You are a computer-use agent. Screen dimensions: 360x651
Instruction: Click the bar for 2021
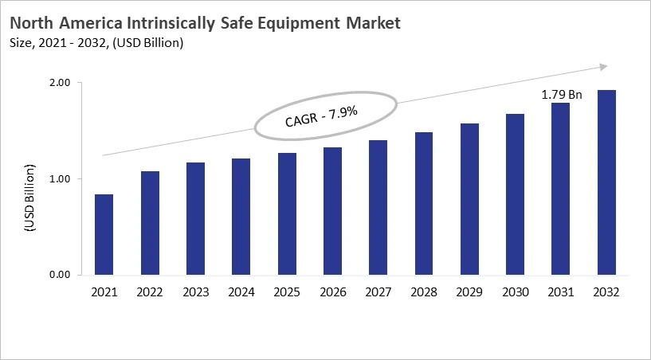[104, 235]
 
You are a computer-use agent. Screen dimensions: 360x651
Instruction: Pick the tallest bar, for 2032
[607, 182]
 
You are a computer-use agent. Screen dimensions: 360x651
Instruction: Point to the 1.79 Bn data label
[561, 95]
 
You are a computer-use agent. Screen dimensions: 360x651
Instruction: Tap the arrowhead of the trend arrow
[603, 67]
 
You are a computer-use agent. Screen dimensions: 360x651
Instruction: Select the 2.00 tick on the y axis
[61, 83]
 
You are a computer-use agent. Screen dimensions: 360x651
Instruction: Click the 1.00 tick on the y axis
[61, 179]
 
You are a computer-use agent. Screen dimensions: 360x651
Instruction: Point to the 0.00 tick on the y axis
[61, 276]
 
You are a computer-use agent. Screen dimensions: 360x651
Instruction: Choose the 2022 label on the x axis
[150, 292]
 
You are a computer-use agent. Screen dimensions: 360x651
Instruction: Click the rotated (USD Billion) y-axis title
[29, 197]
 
